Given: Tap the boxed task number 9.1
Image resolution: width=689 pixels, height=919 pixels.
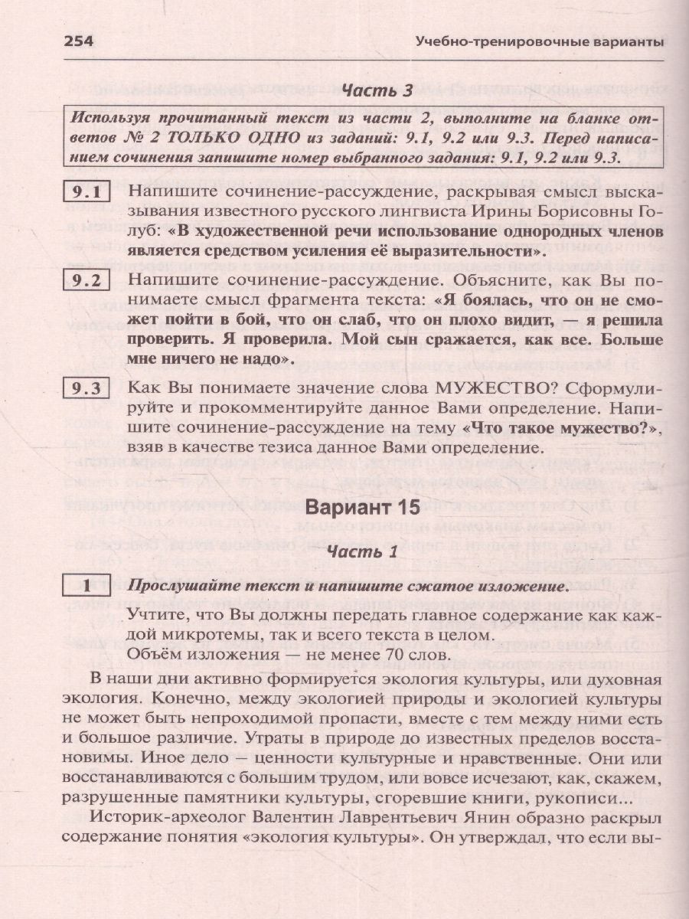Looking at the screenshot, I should [87, 192].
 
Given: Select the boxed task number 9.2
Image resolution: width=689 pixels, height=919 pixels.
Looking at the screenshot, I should [87, 280].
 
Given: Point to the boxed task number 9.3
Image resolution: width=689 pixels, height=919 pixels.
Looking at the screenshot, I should [87, 388].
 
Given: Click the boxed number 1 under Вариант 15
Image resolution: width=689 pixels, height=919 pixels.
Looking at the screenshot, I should [87, 586].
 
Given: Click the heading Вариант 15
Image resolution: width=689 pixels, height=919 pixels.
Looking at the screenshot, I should [375, 508].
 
